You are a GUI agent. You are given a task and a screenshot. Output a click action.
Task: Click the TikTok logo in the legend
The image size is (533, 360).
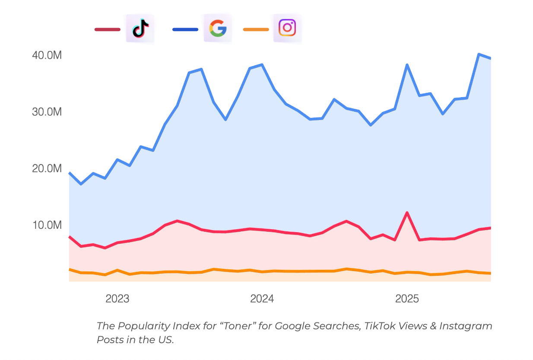(140, 28)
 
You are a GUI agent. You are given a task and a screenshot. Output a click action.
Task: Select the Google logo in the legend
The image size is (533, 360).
(218, 28)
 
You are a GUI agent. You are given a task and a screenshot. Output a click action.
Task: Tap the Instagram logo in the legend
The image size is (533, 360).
(287, 28)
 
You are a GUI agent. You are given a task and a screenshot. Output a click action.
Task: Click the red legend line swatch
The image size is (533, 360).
(108, 29)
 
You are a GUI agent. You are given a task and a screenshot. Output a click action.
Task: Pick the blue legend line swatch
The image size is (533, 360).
(185, 29)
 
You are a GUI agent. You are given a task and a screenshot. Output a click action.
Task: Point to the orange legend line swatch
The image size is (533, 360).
(256, 29)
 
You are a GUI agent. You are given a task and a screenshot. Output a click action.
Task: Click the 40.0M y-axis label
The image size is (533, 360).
(47, 55)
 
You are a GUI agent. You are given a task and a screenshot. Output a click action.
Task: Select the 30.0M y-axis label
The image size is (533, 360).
(47, 112)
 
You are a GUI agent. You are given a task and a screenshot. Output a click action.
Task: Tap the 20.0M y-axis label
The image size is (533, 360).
(47, 168)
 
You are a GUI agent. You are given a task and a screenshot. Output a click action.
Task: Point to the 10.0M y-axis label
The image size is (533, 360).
(47, 225)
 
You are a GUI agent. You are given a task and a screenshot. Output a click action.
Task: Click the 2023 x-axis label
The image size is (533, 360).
(117, 299)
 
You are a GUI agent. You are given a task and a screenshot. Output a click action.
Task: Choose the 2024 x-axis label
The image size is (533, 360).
(262, 299)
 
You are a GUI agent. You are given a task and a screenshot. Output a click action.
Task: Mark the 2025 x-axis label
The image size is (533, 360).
(407, 299)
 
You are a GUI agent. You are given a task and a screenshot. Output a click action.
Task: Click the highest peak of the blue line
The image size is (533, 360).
(479, 54)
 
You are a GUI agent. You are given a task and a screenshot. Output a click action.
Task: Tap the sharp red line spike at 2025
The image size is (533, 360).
(407, 212)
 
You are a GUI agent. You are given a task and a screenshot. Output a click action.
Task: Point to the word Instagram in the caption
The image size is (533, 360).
(466, 326)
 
